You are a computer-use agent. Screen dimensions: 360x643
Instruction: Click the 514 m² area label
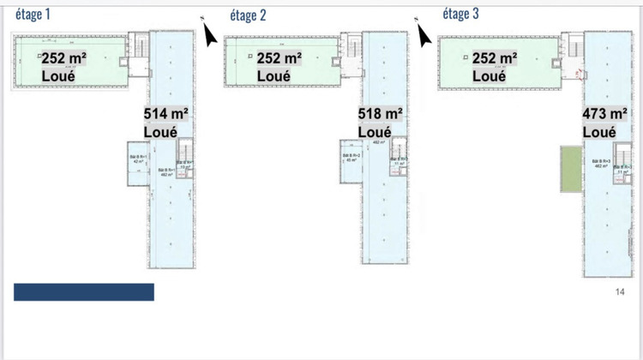[x=166, y=114]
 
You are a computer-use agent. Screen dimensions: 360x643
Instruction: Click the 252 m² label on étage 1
[x=63, y=57]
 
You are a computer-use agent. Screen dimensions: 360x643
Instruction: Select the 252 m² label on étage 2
[x=279, y=57]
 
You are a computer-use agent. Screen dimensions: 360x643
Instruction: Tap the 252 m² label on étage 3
[x=495, y=57]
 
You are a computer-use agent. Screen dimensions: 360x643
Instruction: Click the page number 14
[x=620, y=292]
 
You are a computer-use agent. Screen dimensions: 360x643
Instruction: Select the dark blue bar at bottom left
[x=84, y=292]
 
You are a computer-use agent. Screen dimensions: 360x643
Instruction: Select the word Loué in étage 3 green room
[x=490, y=75]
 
